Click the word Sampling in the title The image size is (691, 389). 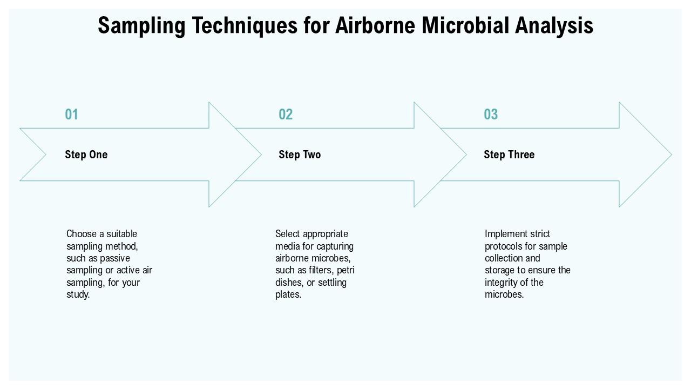click(x=141, y=26)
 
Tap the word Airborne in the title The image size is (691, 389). click(x=375, y=25)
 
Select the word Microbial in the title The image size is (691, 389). click(x=465, y=25)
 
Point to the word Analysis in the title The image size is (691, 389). click(x=554, y=26)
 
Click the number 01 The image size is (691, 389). click(x=71, y=114)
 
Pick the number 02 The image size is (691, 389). click(x=286, y=114)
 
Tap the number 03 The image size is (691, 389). click(x=491, y=114)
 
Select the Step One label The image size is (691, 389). click(x=86, y=155)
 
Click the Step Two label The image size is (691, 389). click(x=300, y=155)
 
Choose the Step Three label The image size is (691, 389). click(x=509, y=155)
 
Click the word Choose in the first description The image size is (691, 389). click(x=82, y=234)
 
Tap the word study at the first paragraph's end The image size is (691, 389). click(x=77, y=294)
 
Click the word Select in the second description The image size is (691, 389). click(x=288, y=234)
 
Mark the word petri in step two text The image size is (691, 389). click(x=345, y=271)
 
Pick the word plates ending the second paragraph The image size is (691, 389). click(x=287, y=294)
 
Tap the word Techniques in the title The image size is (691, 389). click(x=245, y=26)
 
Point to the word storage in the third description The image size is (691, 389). click(x=499, y=271)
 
